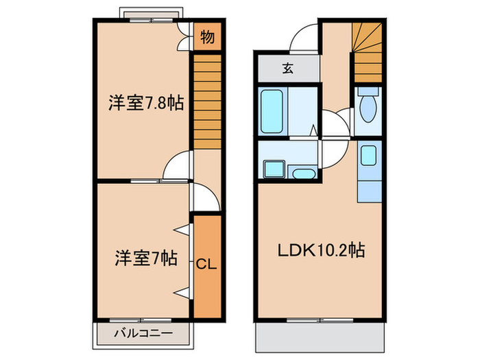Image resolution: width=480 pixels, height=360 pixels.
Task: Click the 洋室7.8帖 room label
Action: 145,104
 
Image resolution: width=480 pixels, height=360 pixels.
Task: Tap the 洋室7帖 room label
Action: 146,259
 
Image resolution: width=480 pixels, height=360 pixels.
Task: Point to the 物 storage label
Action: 206,38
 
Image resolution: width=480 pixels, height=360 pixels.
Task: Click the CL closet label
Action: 206,264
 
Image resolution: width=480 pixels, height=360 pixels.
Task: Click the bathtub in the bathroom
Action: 274,110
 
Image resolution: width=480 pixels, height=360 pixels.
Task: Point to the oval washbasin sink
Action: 302,172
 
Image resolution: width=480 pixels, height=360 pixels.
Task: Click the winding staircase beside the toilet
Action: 366,51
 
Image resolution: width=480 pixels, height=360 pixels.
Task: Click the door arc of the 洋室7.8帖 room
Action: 178,167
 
